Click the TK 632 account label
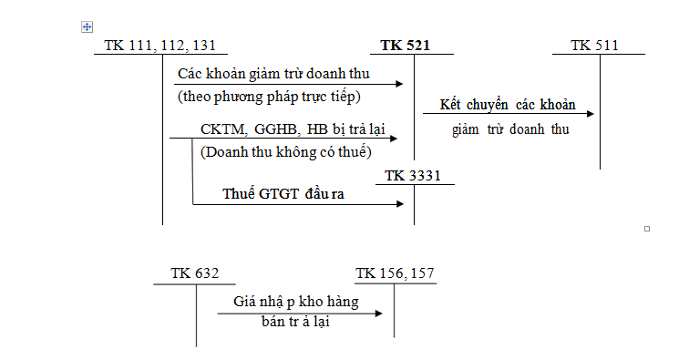(x=195, y=273)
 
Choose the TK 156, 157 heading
(x=395, y=273)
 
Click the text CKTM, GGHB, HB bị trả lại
(x=288, y=130)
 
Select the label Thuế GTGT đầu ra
(x=283, y=193)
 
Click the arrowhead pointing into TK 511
(x=590, y=114)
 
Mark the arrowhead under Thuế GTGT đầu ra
(x=398, y=203)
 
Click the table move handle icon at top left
(x=87, y=27)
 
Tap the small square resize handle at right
(x=646, y=228)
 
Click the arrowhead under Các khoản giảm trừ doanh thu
(x=398, y=84)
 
